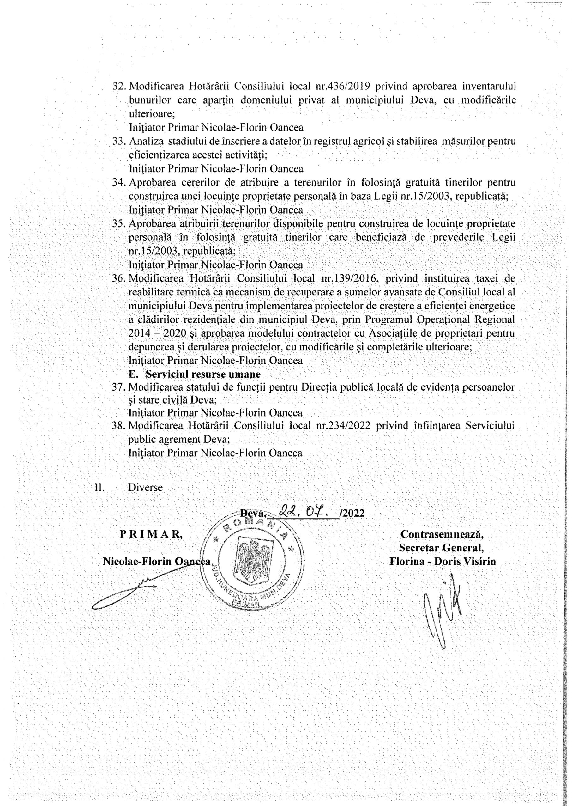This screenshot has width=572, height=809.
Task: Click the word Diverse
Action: [145, 488]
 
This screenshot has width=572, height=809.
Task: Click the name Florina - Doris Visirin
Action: [443, 561]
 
